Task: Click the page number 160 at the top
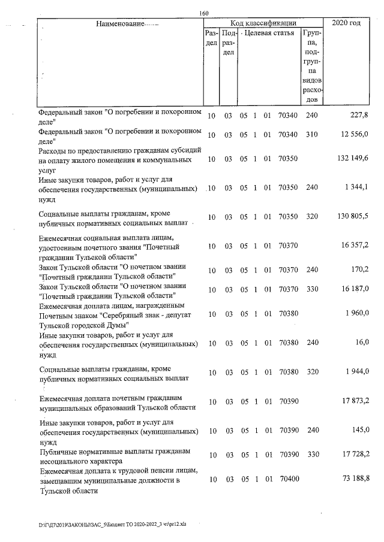pos(204,14)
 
